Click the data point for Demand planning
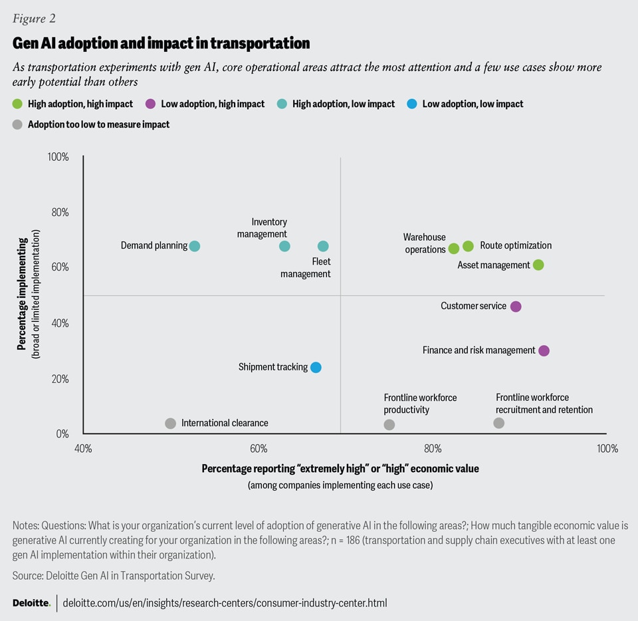[x=194, y=246]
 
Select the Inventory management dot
[x=284, y=246]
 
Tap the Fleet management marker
[x=323, y=246]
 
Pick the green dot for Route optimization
[x=468, y=246]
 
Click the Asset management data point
[x=538, y=265]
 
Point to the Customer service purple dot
[x=516, y=307]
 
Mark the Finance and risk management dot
[x=544, y=350]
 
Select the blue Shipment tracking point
[x=316, y=368]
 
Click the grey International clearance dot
[x=170, y=424]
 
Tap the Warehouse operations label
[x=425, y=243]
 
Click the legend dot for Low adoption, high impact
[x=150, y=104]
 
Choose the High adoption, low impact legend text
[x=343, y=104]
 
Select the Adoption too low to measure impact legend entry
[x=98, y=124]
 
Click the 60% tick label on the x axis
[x=258, y=449]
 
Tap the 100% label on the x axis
[x=607, y=449]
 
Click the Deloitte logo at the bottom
[x=31, y=603]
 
